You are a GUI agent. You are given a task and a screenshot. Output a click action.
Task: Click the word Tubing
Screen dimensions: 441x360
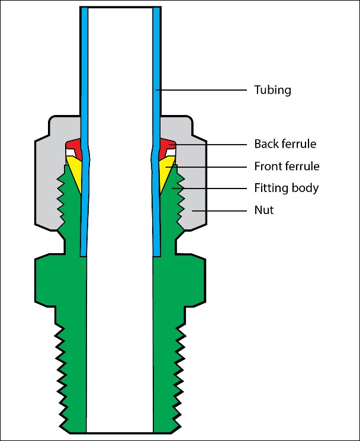click(273, 90)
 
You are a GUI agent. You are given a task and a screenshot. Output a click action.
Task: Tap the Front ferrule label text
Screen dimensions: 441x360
click(287, 167)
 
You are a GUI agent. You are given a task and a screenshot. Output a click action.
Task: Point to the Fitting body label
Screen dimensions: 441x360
click(287, 188)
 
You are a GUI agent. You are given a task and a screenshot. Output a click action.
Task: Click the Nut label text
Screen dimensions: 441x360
click(264, 210)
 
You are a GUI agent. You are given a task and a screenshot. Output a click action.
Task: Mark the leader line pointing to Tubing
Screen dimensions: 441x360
click(201, 90)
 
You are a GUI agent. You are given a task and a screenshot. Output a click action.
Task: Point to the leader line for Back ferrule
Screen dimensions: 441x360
click(207, 144)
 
